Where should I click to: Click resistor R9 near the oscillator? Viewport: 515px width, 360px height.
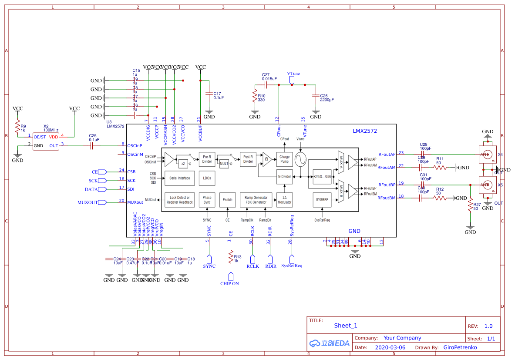click(18, 128)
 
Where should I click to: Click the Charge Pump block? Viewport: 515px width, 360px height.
click(284, 159)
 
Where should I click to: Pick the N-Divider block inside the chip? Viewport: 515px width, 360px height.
click(284, 176)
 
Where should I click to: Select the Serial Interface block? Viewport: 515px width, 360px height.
click(179, 178)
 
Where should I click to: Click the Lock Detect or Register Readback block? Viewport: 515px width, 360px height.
click(179, 200)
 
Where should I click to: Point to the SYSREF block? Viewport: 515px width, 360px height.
click(322, 200)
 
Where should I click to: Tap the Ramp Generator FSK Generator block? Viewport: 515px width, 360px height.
click(256, 200)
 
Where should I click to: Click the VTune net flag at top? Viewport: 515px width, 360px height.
click(293, 79)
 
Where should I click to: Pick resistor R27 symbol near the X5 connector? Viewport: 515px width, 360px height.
click(470, 206)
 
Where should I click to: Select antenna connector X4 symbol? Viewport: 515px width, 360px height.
click(487, 154)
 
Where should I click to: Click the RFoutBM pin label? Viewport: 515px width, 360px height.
click(387, 198)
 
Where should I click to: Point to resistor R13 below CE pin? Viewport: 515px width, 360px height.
click(231, 258)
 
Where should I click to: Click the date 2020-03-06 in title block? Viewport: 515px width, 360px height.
click(390, 347)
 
